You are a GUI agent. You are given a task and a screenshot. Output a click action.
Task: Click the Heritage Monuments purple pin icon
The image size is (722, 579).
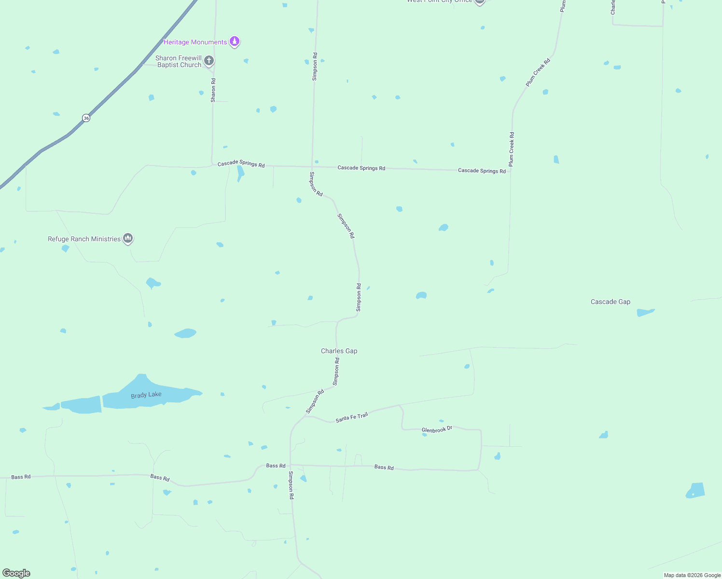(235, 41)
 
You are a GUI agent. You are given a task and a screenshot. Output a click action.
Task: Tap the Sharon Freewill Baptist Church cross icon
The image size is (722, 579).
(209, 61)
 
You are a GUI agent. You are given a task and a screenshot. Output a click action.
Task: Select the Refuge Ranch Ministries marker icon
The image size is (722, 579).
(128, 238)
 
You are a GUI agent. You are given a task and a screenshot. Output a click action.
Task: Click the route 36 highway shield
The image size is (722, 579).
(86, 118)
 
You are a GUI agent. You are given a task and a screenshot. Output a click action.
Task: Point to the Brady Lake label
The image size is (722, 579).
(146, 395)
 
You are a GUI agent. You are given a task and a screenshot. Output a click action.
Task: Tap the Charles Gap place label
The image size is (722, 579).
(339, 351)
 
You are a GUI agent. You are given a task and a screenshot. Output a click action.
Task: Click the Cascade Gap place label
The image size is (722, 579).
(611, 302)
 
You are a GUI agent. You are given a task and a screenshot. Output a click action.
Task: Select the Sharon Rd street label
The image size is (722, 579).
(213, 90)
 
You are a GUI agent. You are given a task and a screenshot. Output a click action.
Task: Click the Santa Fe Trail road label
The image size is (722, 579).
(352, 417)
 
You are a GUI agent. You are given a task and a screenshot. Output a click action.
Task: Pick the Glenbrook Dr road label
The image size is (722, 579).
(437, 429)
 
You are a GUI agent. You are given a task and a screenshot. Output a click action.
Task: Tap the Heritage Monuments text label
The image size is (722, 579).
(195, 42)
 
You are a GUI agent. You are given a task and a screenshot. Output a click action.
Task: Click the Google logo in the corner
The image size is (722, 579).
(16, 573)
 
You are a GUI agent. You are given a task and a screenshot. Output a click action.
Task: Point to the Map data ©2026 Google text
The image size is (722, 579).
(692, 575)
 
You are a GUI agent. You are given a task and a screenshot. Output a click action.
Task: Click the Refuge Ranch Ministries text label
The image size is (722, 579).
(84, 239)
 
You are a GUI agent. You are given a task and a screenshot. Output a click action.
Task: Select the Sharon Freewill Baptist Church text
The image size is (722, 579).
(179, 61)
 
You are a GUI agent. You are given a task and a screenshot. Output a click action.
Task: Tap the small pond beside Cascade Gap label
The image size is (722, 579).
(645, 313)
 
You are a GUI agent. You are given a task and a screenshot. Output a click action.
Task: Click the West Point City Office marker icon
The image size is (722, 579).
(479, 1)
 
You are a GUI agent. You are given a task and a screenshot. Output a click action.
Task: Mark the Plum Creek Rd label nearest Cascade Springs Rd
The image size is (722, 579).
(512, 150)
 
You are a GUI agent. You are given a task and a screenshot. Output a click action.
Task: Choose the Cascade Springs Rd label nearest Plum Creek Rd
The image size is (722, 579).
(482, 171)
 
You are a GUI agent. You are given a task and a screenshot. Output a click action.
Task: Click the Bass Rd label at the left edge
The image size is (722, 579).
(21, 477)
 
